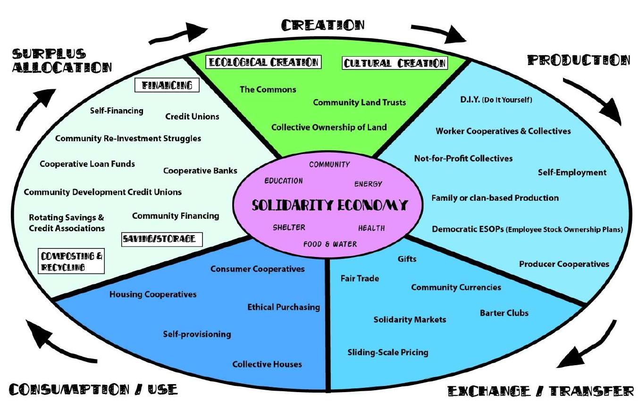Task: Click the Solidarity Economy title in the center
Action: (x=329, y=205)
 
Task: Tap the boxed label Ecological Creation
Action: (x=263, y=62)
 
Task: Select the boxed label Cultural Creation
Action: (x=395, y=63)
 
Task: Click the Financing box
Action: (x=167, y=85)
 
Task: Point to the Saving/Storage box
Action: (x=162, y=240)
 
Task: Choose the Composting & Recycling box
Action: (x=71, y=261)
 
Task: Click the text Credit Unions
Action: (x=192, y=116)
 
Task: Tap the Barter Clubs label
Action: (x=504, y=313)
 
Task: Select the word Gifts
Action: (x=407, y=259)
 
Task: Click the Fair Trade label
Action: (x=360, y=278)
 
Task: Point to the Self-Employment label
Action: (x=572, y=172)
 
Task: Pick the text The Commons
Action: (x=268, y=89)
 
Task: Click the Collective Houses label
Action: (x=267, y=364)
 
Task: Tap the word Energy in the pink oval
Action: (x=368, y=184)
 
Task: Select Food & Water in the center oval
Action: (x=330, y=244)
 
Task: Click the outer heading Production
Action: (x=579, y=60)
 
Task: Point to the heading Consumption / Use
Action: (x=93, y=389)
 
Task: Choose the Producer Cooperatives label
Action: (x=564, y=264)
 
